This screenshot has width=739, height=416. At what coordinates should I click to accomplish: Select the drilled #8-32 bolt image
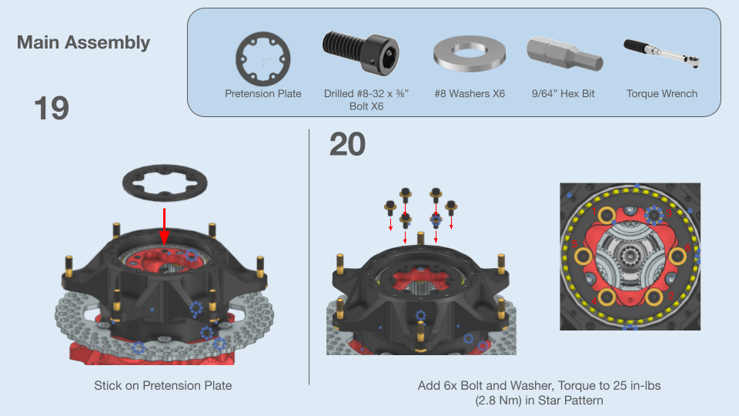click(x=361, y=51)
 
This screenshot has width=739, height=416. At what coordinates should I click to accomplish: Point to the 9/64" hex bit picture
click(x=564, y=54)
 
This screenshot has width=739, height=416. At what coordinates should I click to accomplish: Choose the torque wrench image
click(x=662, y=53)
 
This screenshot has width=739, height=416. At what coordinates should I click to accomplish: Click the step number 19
click(x=52, y=109)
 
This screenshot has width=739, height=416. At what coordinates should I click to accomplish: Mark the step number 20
click(x=347, y=144)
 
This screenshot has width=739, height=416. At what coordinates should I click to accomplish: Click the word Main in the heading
click(x=38, y=42)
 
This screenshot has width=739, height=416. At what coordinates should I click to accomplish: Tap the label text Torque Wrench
click(x=662, y=93)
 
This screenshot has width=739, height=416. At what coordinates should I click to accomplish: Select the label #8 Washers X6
click(x=470, y=93)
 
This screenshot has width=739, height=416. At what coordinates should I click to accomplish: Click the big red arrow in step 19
click(x=164, y=226)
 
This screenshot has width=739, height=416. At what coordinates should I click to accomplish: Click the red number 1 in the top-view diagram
click(x=594, y=210)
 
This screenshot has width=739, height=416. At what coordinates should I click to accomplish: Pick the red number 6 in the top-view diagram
click(x=687, y=248)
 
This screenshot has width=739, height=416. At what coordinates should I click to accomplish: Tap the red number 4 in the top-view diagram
click(x=594, y=301)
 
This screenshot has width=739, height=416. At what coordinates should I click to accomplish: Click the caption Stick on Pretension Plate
click(x=163, y=385)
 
